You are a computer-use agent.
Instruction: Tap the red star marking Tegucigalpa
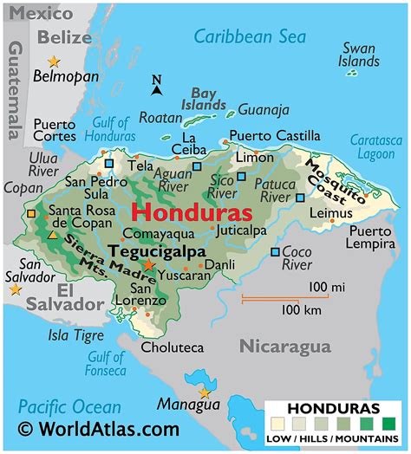tap(149, 265)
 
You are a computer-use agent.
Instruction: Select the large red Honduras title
tap(192, 212)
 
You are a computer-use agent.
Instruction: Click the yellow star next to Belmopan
tap(55, 61)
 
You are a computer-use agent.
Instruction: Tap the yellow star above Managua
tap(205, 392)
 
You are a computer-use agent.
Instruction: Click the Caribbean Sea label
tap(249, 36)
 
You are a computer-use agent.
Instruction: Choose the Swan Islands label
tap(359, 55)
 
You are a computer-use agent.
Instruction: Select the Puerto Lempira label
tap(374, 238)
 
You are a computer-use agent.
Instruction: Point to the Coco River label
tap(297, 257)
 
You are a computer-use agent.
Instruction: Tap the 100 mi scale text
tap(327, 287)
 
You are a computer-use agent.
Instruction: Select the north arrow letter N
tap(157, 80)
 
